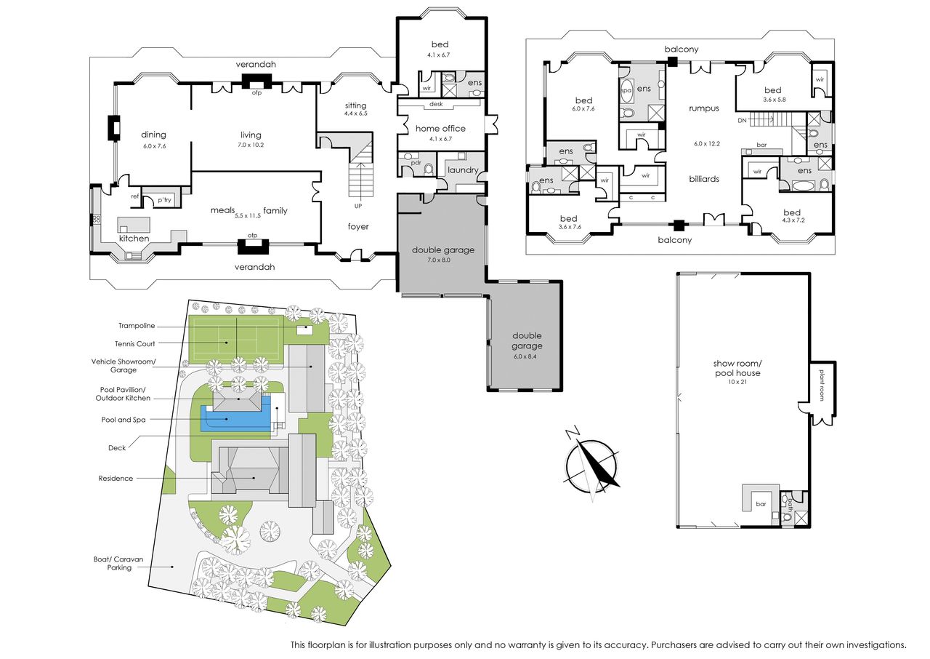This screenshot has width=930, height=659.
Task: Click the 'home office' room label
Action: tap(440, 129)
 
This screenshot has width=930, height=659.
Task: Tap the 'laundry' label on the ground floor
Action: tap(463, 170)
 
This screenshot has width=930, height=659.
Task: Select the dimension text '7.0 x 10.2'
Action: tap(251, 145)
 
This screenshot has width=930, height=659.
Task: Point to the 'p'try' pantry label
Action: tap(164, 200)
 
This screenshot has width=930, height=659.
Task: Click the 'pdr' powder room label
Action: tap(416, 162)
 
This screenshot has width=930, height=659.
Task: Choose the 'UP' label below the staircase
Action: tap(358, 206)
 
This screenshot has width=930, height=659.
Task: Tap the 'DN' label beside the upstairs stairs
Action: tap(743, 121)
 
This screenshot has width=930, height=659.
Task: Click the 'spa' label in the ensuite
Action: tap(626, 91)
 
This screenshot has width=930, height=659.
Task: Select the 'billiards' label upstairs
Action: tap(704, 179)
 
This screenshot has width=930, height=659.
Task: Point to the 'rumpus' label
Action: tap(704, 108)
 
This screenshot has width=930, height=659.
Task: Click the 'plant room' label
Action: tap(822, 386)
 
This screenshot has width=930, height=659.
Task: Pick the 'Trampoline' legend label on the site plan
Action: tap(137, 326)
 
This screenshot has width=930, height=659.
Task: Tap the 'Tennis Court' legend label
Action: tap(135, 344)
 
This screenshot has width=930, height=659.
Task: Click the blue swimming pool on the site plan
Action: tap(235, 419)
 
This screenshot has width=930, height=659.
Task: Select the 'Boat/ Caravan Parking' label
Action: tap(118, 564)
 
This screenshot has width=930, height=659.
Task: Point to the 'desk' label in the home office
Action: tap(436, 104)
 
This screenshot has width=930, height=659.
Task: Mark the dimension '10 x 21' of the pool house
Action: tap(737, 382)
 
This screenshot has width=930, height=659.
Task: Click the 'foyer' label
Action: tap(358, 226)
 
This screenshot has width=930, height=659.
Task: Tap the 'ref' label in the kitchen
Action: tap(135, 196)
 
